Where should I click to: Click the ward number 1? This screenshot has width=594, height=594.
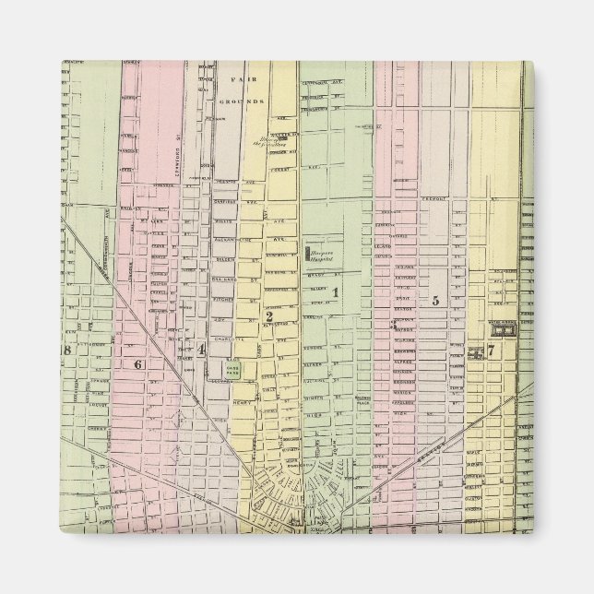pyautogui.click(x=336, y=293)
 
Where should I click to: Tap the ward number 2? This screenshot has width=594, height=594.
pyautogui.click(x=268, y=317)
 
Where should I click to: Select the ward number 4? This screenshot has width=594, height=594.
pyautogui.click(x=200, y=349)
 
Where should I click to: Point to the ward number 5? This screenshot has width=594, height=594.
pyautogui.click(x=434, y=301)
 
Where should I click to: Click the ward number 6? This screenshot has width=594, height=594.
pyautogui.click(x=138, y=363)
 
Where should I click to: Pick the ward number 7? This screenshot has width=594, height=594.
pyautogui.click(x=492, y=350)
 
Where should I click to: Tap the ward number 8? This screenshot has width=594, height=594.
pyautogui.click(x=66, y=350)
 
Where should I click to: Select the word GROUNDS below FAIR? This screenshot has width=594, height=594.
pyautogui.click(x=247, y=100)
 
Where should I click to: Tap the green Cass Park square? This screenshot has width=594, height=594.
pyautogui.click(x=234, y=369)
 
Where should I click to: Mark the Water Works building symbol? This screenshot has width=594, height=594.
pyautogui.click(x=504, y=328)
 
